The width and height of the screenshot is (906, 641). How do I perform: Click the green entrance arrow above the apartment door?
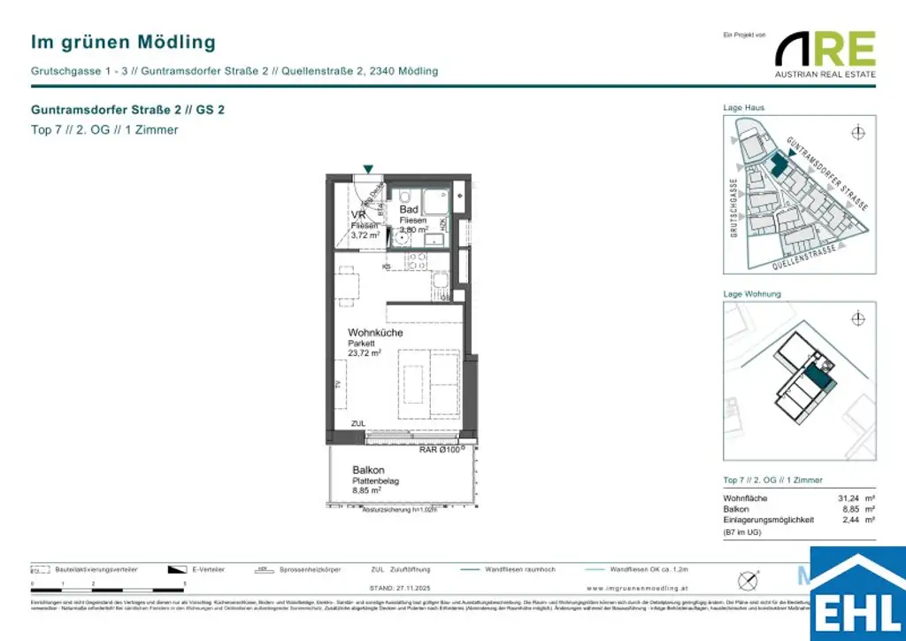[x=368, y=169]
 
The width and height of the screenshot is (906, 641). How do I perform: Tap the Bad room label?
[x=409, y=210]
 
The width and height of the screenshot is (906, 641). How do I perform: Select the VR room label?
[x=358, y=215]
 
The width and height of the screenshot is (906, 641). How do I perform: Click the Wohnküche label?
[x=375, y=333]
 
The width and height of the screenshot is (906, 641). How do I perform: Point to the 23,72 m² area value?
[x=365, y=352]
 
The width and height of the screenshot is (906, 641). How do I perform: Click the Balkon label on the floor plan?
[x=367, y=470]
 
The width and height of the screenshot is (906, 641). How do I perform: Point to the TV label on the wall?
[x=337, y=384]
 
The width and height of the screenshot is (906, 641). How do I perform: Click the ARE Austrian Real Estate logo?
[x=825, y=53]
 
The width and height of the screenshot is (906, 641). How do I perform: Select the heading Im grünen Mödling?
[x=123, y=42]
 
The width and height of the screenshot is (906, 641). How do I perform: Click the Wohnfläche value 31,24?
[x=849, y=498]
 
